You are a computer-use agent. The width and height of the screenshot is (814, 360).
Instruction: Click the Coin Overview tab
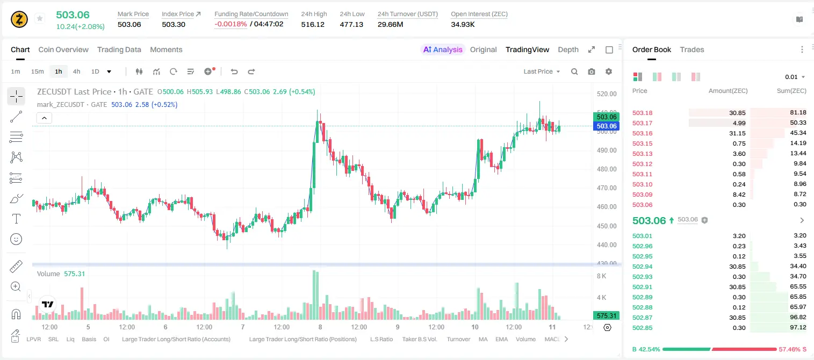click(63, 49)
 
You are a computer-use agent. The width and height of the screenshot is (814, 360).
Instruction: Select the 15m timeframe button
click(37, 71)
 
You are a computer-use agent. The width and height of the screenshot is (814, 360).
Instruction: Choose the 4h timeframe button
click(76, 71)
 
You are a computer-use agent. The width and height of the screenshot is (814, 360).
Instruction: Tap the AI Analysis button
click(443, 49)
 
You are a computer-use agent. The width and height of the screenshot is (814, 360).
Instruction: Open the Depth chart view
click(568, 49)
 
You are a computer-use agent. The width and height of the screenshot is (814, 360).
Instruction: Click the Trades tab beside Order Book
click(692, 49)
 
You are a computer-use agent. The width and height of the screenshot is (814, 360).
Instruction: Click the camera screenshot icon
click(592, 71)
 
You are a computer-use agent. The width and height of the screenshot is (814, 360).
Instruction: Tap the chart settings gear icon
click(609, 71)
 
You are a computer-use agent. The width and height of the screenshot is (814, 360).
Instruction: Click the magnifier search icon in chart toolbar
click(574, 71)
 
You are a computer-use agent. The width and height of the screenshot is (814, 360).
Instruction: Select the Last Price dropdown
click(542, 71)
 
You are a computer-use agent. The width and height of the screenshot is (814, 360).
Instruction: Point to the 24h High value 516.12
click(313, 24)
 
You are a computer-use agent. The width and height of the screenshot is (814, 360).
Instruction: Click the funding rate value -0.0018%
click(230, 24)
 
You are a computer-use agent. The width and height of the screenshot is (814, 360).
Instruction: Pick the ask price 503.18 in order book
click(642, 113)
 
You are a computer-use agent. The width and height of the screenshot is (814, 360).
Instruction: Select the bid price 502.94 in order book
click(642, 267)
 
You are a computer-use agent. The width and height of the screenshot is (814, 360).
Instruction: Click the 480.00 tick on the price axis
click(607, 169)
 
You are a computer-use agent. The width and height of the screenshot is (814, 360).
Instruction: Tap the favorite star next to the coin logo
click(40, 18)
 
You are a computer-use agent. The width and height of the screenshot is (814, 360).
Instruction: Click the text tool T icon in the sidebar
click(16, 219)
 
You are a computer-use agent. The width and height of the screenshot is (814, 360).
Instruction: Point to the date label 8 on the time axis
click(320, 327)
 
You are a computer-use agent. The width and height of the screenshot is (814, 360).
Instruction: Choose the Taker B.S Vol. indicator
click(419, 339)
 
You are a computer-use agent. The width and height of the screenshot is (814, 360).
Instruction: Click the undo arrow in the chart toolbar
click(234, 71)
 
